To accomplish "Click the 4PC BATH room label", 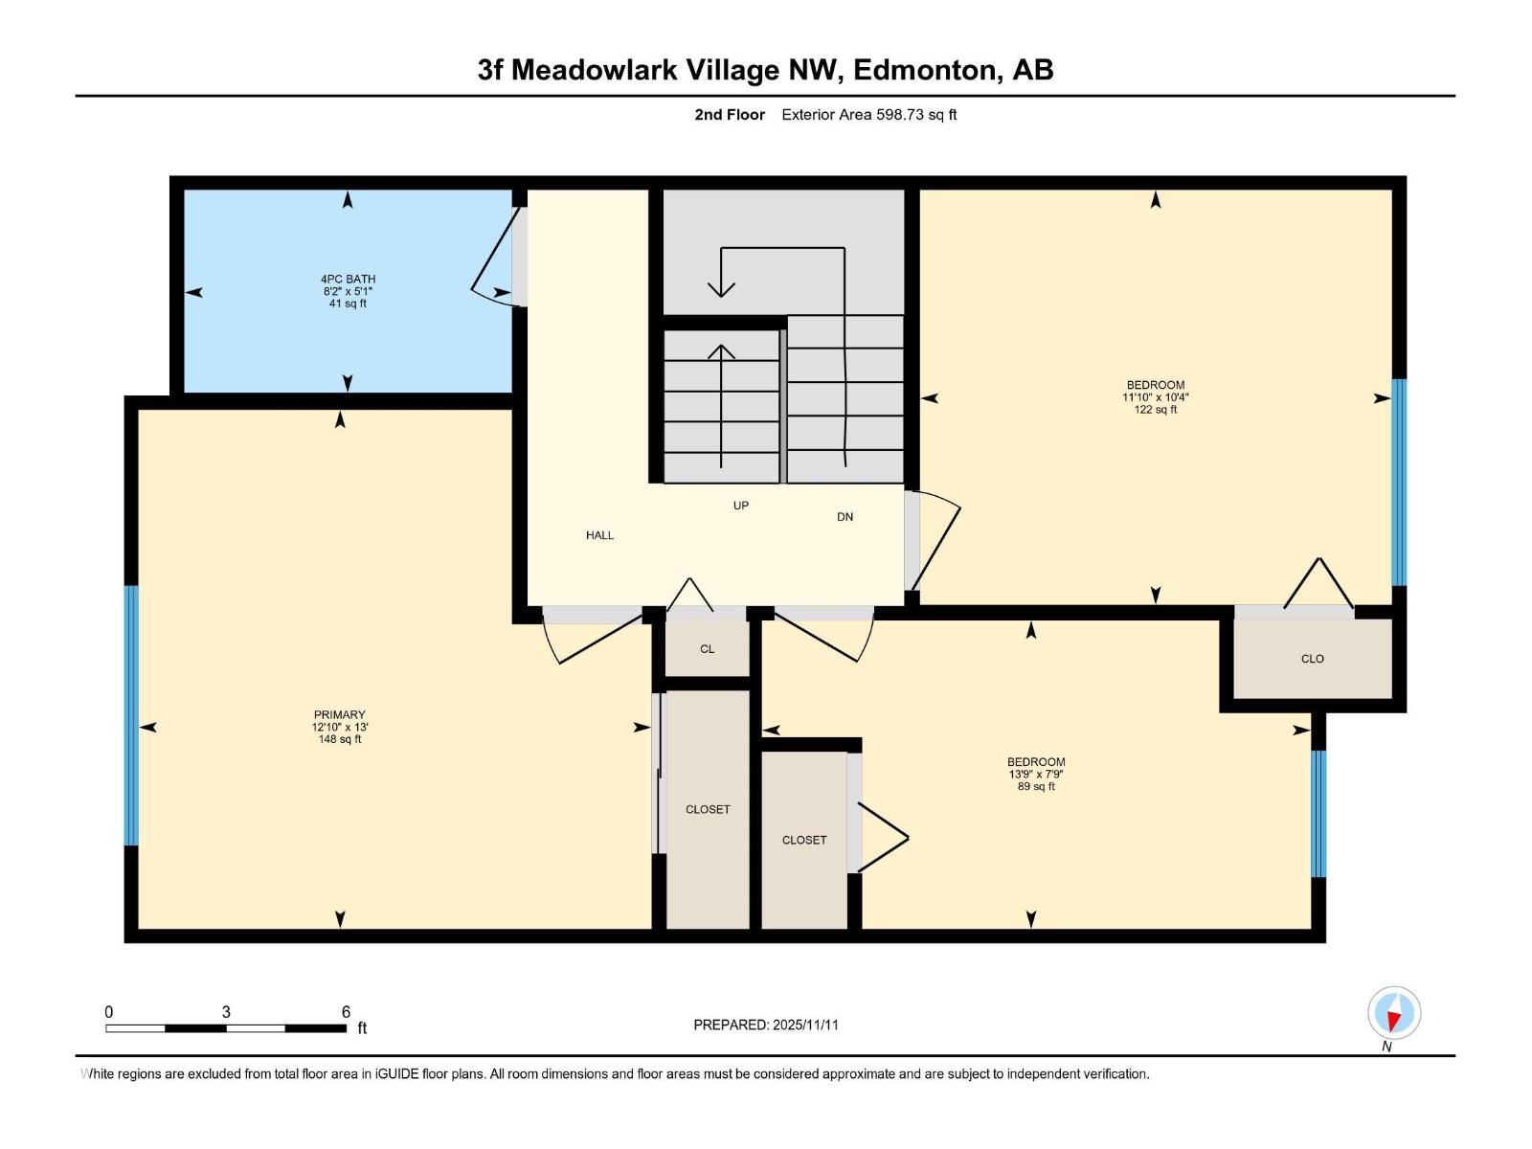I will [348, 280].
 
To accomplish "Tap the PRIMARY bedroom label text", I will [339, 714].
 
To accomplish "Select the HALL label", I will [599, 535].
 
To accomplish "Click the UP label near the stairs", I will [740, 506].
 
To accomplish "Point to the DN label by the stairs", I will [845, 517].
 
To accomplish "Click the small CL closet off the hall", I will [707, 649].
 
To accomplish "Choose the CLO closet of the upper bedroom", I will [1312, 659].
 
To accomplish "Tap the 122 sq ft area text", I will [1155, 410].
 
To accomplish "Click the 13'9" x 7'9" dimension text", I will [1035, 775].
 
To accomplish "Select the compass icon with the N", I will [1394, 1013].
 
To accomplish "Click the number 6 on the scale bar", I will [346, 1012].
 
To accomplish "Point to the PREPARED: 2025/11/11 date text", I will [765, 1025].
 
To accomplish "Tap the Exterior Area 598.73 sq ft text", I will [868, 115].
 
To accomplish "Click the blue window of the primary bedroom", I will [131, 715].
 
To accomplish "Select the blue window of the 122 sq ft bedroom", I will [1399, 482].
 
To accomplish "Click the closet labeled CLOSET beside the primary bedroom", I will [708, 810].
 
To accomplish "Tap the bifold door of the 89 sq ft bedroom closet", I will [881, 838].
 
